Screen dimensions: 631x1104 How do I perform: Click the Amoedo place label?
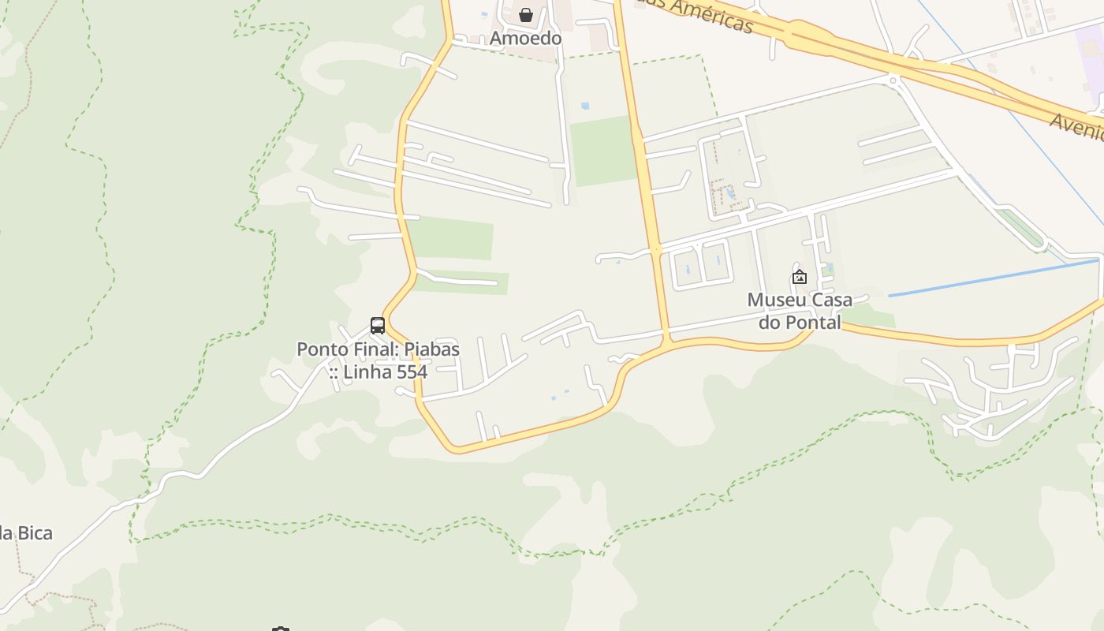525,38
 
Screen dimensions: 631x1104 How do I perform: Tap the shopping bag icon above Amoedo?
525,15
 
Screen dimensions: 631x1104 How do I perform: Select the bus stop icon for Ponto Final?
378,325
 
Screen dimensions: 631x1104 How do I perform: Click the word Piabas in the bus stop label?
432,349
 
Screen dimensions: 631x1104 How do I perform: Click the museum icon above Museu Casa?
799,277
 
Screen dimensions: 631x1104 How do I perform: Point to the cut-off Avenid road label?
1077,126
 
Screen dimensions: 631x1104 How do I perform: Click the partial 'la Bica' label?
26,533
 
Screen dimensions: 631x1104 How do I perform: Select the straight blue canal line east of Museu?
994,277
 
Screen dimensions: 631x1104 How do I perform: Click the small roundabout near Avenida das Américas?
893,79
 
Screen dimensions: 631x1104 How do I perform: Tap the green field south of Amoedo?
602,151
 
